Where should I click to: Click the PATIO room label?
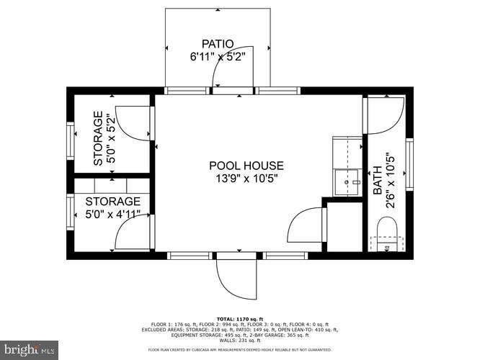click(218, 42)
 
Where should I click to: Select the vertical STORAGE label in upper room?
click(98, 139)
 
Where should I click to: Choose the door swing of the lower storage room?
click(134, 233)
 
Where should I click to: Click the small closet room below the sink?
click(344, 226)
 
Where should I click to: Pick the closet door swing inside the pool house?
click(306, 226)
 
